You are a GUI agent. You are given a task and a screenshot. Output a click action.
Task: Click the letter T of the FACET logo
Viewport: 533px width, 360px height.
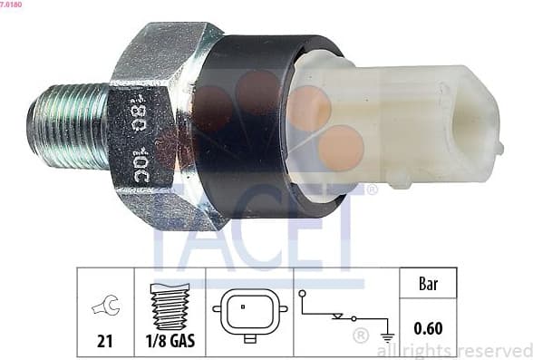click(346, 245)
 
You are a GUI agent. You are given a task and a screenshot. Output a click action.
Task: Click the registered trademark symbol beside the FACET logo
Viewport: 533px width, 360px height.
click(372, 190)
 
